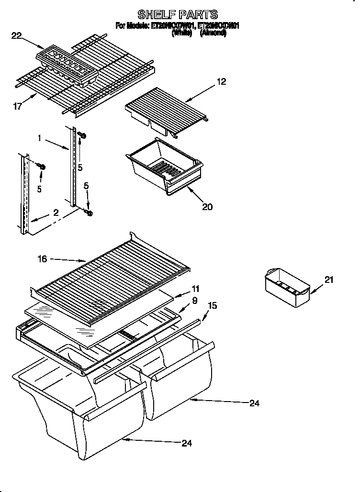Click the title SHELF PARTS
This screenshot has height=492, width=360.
[178, 14]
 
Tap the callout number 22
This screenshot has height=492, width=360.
[17, 35]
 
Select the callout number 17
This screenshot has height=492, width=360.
[17, 107]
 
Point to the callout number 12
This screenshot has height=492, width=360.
[221, 81]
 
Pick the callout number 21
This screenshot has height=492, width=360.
[328, 280]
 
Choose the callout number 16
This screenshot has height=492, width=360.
[42, 259]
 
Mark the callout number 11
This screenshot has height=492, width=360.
[195, 289]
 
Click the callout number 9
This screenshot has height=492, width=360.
[195, 301]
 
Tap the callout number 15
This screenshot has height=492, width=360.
[213, 304]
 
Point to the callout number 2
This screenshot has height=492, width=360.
[56, 212]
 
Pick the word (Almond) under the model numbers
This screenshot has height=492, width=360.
[213, 34]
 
